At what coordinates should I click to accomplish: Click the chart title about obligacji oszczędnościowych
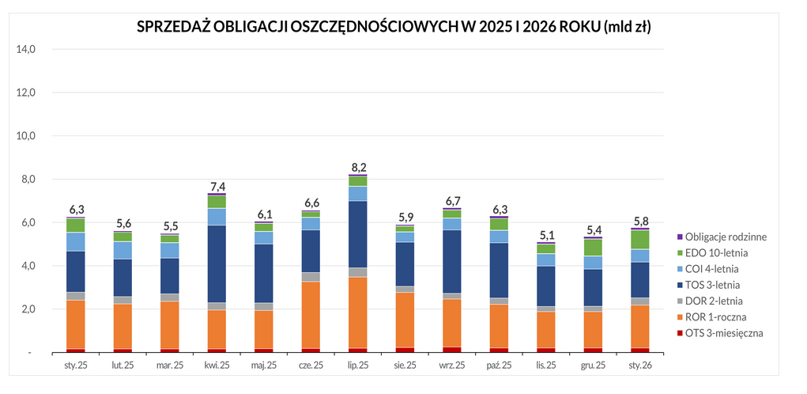tap(398, 26)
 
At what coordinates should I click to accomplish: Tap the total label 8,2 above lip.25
tap(358, 167)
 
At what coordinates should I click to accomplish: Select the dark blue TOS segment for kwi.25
tap(217, 263)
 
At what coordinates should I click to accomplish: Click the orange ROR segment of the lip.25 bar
tap(358, 312)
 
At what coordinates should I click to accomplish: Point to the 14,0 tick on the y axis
tap(26, 49)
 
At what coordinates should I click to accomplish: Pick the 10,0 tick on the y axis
tap(26, 136)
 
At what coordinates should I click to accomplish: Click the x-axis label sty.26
tap(639, 366)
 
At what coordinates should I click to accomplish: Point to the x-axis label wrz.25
tap(452, 366)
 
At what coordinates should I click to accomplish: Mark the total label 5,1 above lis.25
tap(546, 235)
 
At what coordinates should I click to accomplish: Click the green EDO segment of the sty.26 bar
tap(639, 239)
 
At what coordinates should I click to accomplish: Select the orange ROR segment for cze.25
tap(311, 315)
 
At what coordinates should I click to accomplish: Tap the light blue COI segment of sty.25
tap(76, 241)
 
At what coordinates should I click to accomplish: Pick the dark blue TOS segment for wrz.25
tap(452, 261)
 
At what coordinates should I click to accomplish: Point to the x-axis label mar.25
tap(170, 366)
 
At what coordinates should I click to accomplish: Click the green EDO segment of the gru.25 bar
tap(593, 247)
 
